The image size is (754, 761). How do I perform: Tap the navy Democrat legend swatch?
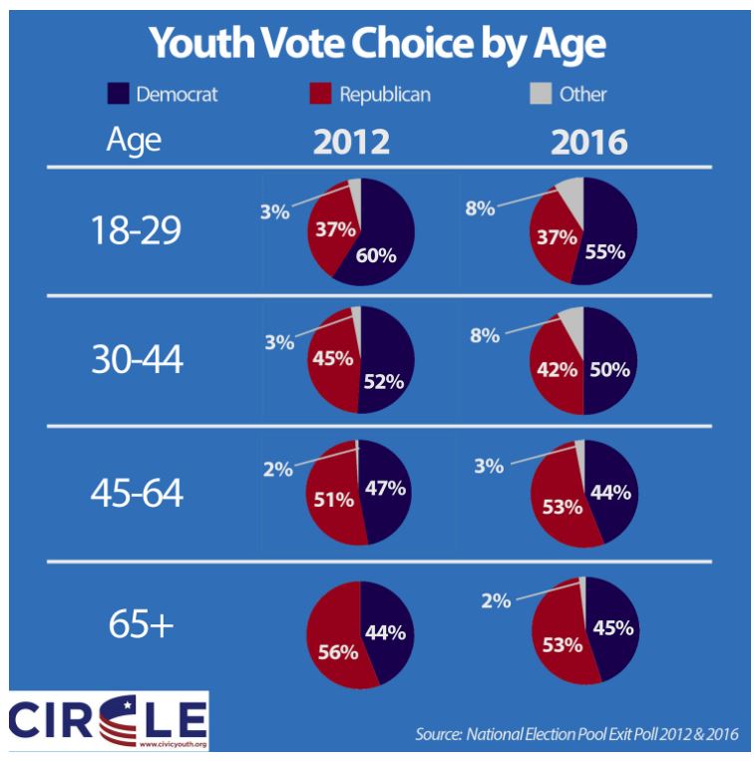tap(117, 95)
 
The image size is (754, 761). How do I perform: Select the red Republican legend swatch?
tap(319, 95)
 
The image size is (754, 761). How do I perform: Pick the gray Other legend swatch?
tap(539, 95)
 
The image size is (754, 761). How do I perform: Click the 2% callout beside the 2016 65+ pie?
tap(496, 600)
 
